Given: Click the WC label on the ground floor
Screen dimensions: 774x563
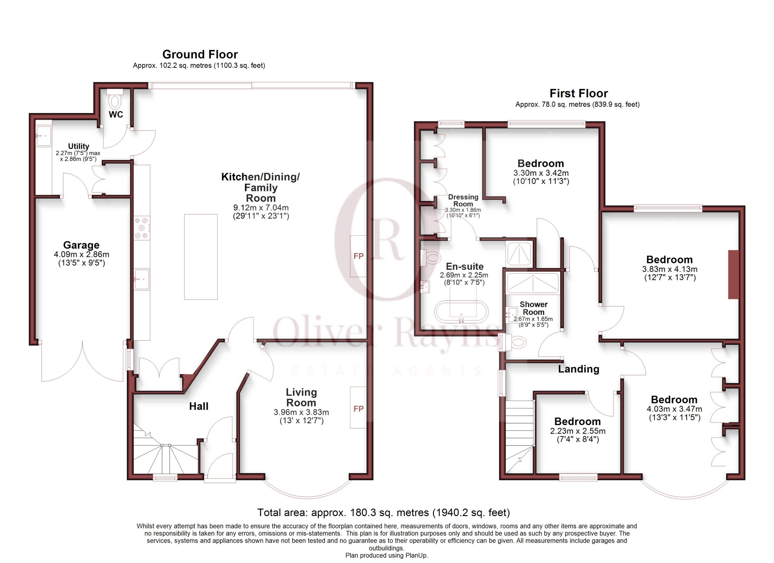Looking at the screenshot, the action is pyautogui.click(x=116, y=114).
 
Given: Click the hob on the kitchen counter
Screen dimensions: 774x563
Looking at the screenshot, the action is pyautogui.click(x=141, y=228).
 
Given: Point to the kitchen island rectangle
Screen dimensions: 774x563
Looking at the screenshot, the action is pyautogui.click(x=201, y=257).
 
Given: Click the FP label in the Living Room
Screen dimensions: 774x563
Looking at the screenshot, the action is pyautogui.click(x=358, y=409).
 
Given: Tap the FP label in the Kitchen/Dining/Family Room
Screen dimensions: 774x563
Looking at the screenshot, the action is pyautogui.click(x=358, y=256).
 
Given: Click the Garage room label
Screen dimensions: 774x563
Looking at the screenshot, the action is pyautogui.click(x=81, y=245).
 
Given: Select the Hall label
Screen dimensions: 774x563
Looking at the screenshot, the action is pyautogui.click(x=199, y=406).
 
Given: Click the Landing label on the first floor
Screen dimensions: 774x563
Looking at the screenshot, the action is pyautogui.click(x=578, y=369).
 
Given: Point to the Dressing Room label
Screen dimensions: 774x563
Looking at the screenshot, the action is pyautogui.click(x=463, y=200).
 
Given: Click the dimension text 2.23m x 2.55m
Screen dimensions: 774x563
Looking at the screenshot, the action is pyautogui.click(x=578, y=431).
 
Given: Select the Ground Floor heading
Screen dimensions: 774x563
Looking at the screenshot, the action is pyautogui.click(x=200, y=54).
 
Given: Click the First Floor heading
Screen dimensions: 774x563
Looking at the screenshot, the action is pyautogui.click(x=578, y=93).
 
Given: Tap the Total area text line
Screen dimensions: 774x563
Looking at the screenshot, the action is pyautogui.click(x=384, y=513).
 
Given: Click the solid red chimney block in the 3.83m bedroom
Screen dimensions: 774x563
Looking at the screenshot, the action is pyautogui.click(x=733, y=275).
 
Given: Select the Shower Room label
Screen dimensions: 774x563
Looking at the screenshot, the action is pyautogui.click(x=533, y=308).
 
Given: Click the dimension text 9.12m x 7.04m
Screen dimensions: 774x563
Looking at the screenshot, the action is pyautogui.click(x=261, y=207).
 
